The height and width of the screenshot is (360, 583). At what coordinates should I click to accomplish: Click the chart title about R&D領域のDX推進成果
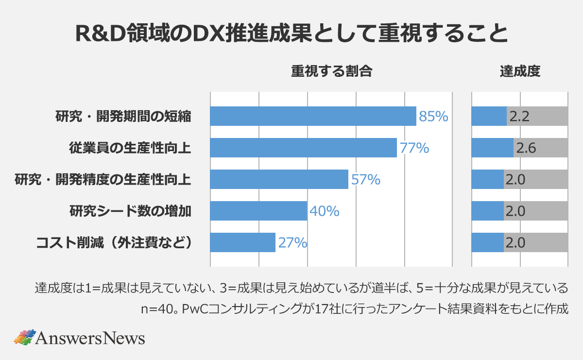click(x=291, y=34)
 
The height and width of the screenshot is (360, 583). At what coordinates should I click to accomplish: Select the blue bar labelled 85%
click(x=313, y=116)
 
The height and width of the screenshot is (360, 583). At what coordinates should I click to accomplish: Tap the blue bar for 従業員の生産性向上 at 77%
click(x=303, y=148)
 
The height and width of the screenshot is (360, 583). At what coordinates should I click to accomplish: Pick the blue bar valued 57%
click(x=279, y=179)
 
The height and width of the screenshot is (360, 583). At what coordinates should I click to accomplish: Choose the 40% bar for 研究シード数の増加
click(x=258, y=211)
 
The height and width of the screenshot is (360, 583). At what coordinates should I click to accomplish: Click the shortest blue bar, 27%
click(x=242, y=242)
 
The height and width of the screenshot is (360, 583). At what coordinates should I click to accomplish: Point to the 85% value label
click(x=433, y=117)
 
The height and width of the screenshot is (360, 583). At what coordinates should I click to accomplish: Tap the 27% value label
click(x=292, y=242)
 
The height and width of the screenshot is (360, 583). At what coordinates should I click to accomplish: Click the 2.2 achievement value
click(x=520, y=117)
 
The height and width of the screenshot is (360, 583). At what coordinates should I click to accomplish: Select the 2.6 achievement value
click(x=526, y=148)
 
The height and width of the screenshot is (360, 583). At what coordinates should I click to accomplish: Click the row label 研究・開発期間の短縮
click(x=123, y=117)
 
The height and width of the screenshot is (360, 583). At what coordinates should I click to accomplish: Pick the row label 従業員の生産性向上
click(x=130, y=148)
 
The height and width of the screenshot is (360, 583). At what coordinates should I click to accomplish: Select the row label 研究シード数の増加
click(x=130, y=211)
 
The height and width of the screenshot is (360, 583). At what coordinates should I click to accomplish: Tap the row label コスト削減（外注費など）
click(x=113, y=242)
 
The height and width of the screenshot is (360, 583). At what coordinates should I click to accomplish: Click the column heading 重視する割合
click(x=331, y=72)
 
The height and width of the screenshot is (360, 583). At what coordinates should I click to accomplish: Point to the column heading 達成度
click(x=520, y=72)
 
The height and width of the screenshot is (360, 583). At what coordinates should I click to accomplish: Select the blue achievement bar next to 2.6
click(x=492, y=148)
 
